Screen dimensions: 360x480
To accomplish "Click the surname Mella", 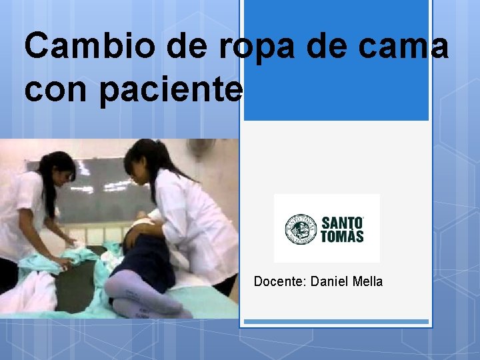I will click(x=365, y=282).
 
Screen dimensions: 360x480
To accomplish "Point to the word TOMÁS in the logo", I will click(x=343, y=236).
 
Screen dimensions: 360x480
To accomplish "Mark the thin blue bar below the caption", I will click(x=336, y=322).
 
